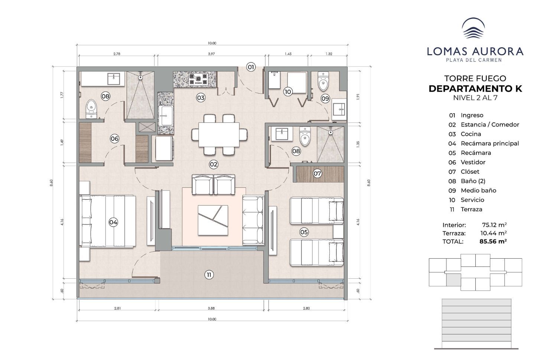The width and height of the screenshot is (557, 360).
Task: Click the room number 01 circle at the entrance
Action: tap(251, 67)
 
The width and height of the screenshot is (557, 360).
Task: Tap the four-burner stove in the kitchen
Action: tap(198, 79)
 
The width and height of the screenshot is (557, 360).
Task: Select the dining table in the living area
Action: tap(219, 134)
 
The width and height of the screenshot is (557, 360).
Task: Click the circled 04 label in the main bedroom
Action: tap(113, 222)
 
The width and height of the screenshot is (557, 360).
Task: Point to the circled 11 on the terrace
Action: tap(209, 275)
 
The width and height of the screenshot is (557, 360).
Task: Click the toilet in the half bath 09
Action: tap(323, 81)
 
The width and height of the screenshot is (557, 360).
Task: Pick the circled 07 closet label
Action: tap(317, 173)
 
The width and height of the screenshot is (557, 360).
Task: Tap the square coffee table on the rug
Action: tap(213, 220)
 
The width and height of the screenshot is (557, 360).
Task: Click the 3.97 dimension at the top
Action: tap(211, 54)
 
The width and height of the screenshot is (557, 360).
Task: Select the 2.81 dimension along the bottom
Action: tap(117, 308)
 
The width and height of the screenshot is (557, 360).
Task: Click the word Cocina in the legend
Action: tap(471, 134)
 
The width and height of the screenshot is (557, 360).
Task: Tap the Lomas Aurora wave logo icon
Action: tap(473, 28)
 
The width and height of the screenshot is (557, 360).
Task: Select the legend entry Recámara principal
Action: tap(490, 144)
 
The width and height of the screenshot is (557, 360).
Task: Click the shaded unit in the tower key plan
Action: tap(453, 280)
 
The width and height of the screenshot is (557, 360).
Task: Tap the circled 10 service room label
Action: tap(288, 92)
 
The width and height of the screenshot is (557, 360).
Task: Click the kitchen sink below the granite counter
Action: tap(165, 115)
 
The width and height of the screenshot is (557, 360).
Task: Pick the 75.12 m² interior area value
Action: tap(494, 225)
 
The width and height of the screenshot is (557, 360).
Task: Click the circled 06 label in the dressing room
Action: tap(114, 139)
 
